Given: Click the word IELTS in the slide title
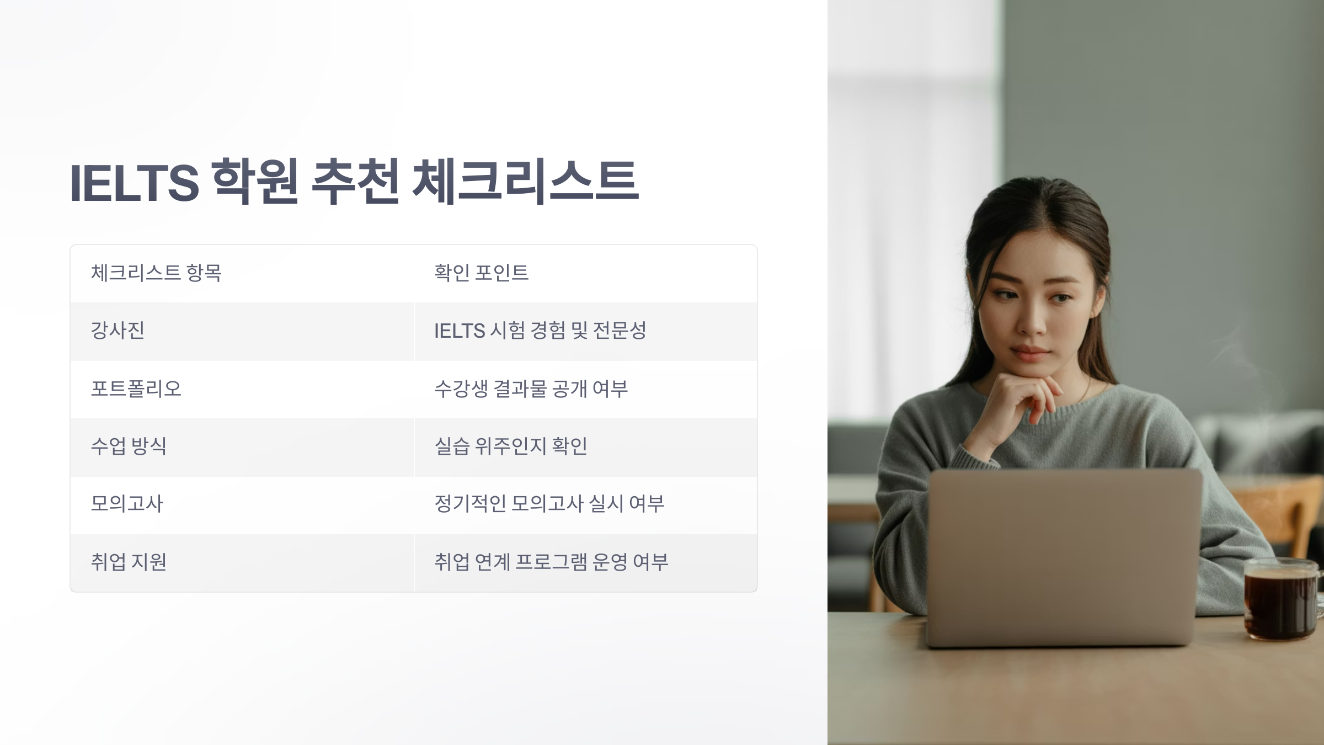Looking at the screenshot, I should [134, 183].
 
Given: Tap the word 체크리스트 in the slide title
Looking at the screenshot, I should [525, 182].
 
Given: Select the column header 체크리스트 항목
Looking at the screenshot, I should [156, 273].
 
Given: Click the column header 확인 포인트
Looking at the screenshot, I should [481, 273].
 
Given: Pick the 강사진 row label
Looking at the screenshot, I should [118, 331].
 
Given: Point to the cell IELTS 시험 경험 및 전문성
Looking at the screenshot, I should [540, 331].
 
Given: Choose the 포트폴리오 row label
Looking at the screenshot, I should [136, 389].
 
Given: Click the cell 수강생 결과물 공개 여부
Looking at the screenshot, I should [531, 389].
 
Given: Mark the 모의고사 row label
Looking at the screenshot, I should [127, 504].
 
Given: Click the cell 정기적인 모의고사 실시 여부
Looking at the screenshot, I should [549, 504].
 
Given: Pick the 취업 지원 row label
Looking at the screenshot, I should [129, 562].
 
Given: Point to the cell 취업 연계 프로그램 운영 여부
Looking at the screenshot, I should [551, 562].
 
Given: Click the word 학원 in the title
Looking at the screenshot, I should [255, 182].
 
